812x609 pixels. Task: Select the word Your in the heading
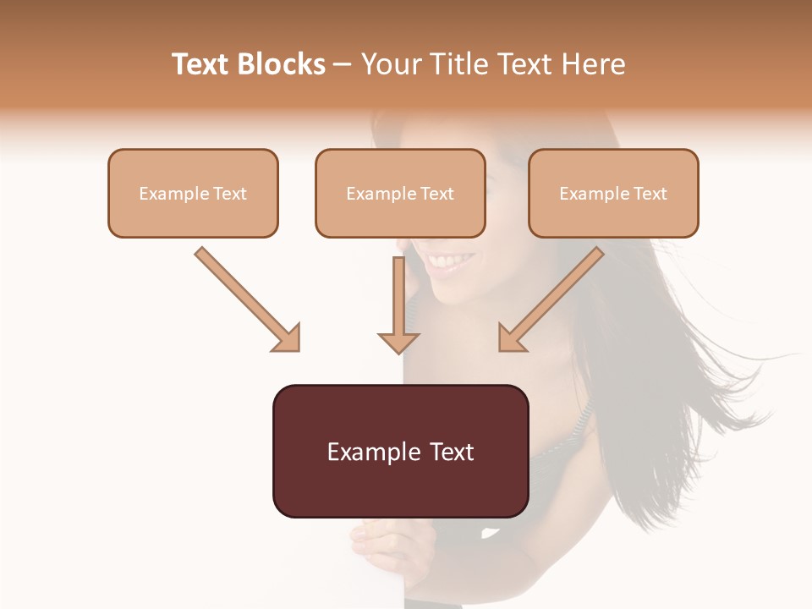[389, 64]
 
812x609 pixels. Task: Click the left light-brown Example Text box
[193, 194]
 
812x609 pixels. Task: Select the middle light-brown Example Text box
[400, 194]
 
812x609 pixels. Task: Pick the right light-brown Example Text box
[613, 194]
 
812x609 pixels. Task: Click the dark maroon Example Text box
[400, 451]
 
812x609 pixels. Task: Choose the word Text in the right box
[650, 194]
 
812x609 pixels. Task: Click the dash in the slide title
[343, 65]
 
